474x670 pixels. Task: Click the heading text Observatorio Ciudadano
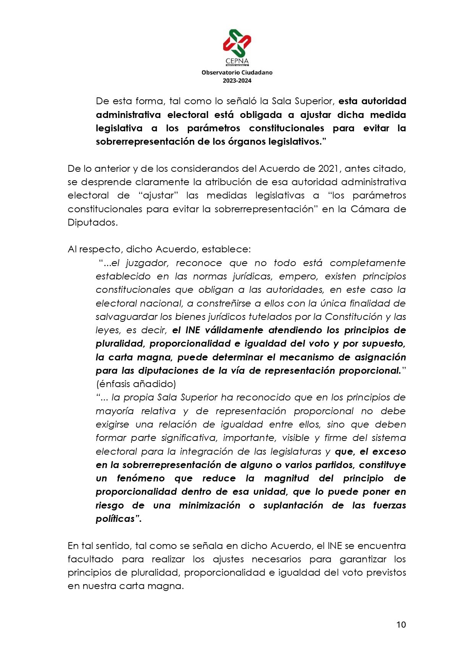[237, 72]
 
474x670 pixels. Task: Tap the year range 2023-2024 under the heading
[237, 81]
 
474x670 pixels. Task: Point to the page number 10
[401, 625]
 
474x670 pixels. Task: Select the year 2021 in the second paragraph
[328, 168]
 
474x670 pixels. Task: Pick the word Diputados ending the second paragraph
[92, 222]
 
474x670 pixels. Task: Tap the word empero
[298, 276]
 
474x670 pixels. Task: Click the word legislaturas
[296, 451]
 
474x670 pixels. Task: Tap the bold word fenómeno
[141, 478]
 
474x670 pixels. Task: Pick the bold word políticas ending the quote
[118, 519]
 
